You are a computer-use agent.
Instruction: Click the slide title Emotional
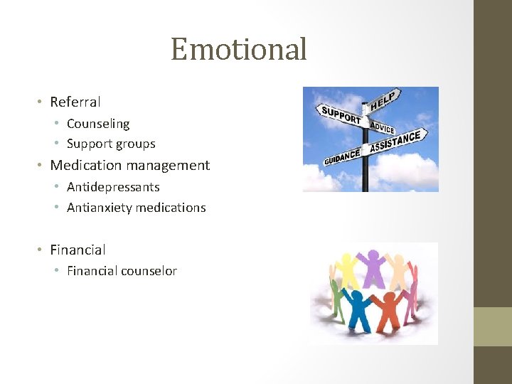(x=239, y=49)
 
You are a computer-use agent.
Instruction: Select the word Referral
(x=75, y=102)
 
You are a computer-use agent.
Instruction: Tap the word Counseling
(x=98, y=124)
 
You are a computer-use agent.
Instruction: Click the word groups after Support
(x=137, y=144)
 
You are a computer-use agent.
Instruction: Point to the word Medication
(x=84, y=166)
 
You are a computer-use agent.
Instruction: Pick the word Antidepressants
(x=113, y=187)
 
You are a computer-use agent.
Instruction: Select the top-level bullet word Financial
(x=78, y=250)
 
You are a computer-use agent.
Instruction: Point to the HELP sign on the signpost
(x=384, y=100)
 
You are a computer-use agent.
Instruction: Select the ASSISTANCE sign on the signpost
(x=397, y=141)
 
